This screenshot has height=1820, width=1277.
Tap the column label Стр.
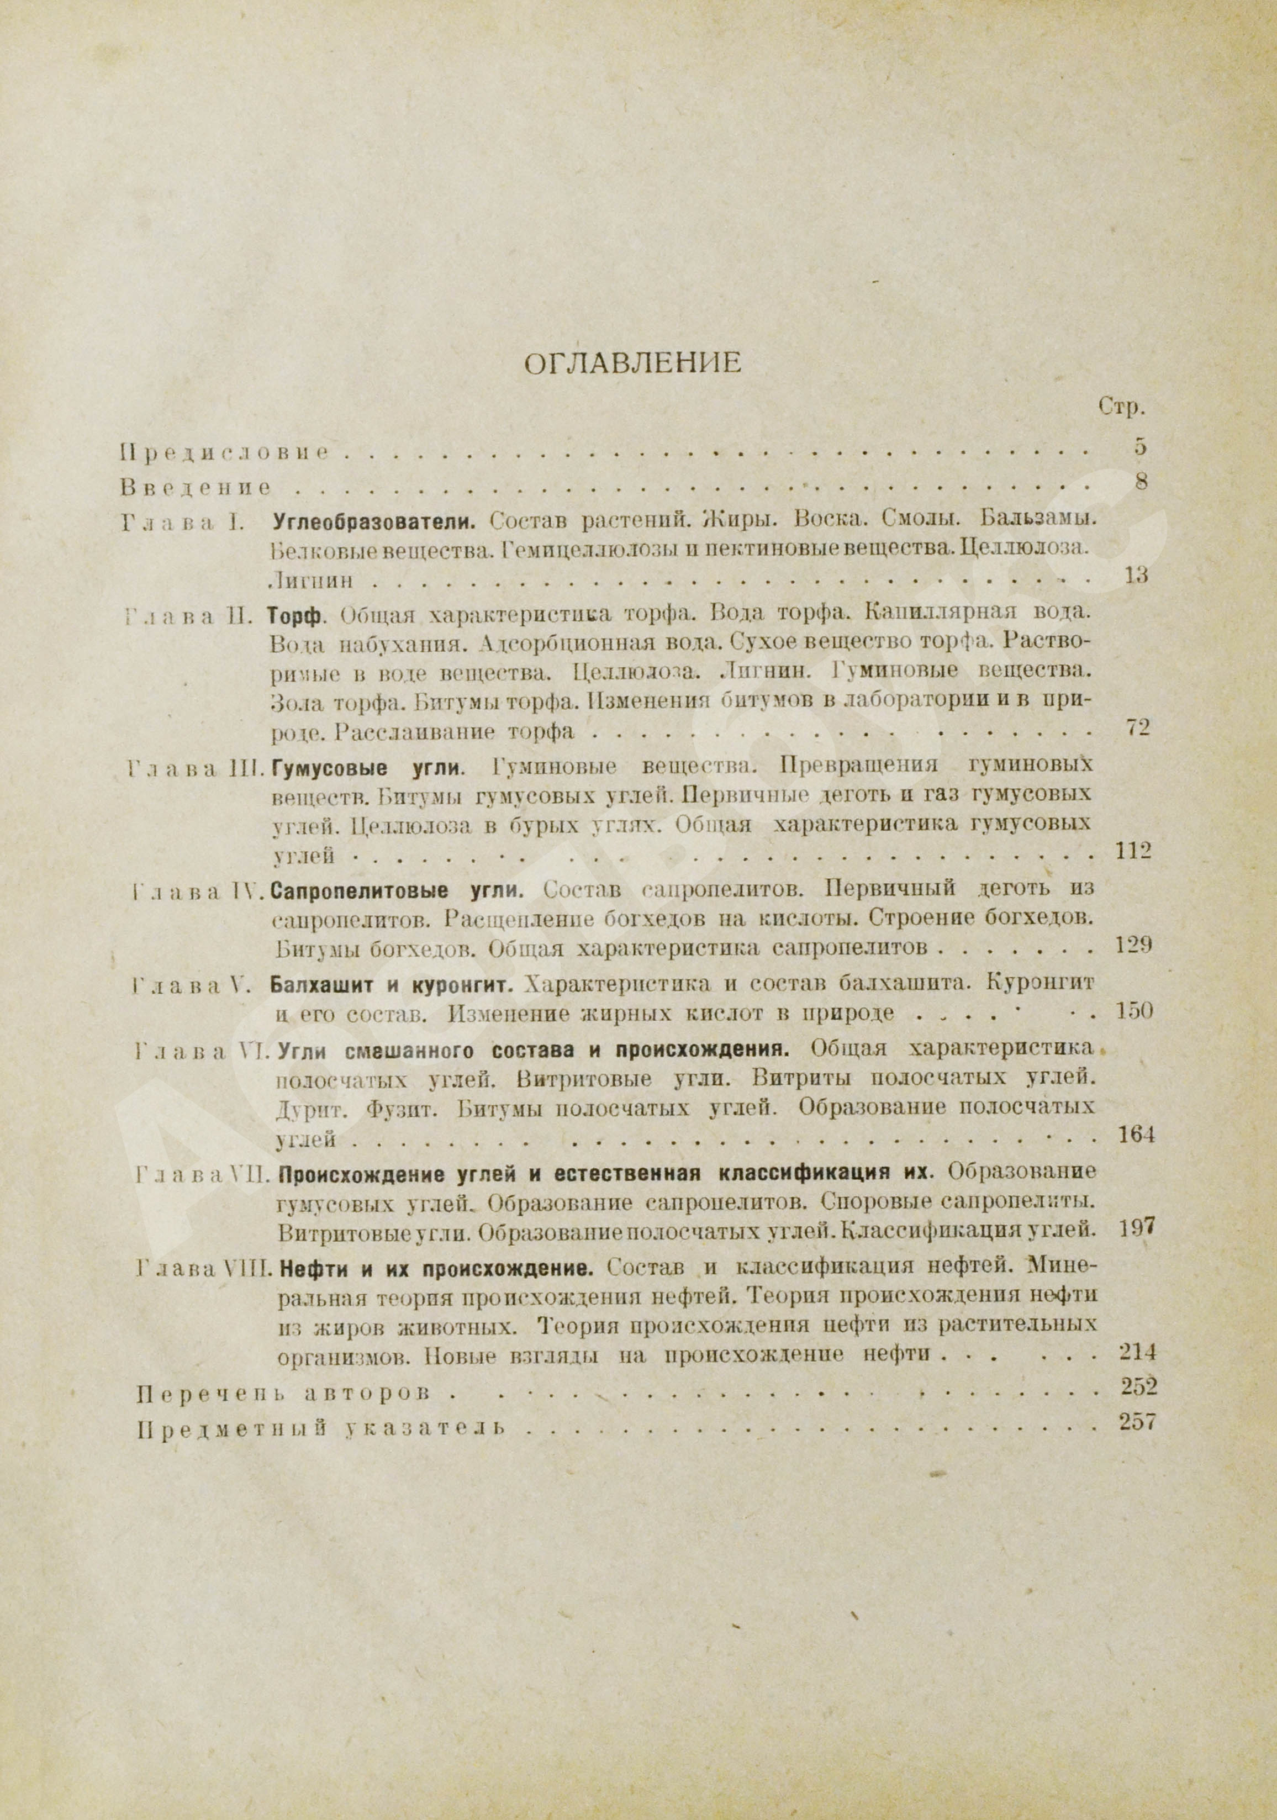pyautogui.click(x=1122, y=408)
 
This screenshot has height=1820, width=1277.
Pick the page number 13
pyautogui.click(x=1136, y=576)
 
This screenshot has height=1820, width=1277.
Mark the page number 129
pyautogui.click(x=1133, y=945)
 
